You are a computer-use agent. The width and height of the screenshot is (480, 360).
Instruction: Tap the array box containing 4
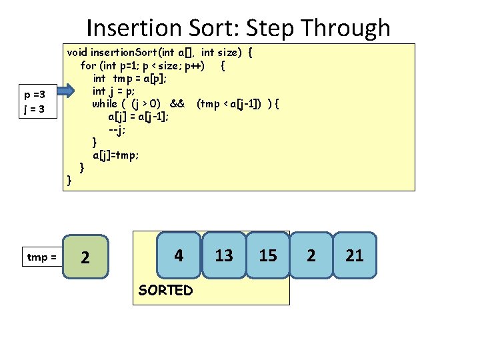(x=179, y=255)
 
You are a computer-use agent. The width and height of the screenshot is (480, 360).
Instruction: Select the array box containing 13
(x=224, y=255)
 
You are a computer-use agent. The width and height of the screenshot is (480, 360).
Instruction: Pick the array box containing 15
(x=267, y=255)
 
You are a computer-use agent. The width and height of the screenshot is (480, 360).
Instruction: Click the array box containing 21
(x=355, y=255)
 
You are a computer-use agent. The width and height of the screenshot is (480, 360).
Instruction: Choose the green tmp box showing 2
(x=85, y=256)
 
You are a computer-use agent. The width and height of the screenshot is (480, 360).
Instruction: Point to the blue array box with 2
(x=311, y=255)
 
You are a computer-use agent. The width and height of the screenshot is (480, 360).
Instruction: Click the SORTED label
(x=165, y=290)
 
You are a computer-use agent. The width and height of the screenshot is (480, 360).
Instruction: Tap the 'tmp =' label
(x=41, y=257)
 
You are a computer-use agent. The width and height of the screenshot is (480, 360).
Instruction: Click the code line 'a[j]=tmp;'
(x=116, y=155)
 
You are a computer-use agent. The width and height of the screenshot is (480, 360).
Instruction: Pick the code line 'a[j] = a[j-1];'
(x=138, y=116)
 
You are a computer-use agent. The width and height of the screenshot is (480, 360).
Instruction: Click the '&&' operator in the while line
(x=177, y=103)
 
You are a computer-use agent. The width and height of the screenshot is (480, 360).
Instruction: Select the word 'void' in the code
(x=77, y=53)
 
